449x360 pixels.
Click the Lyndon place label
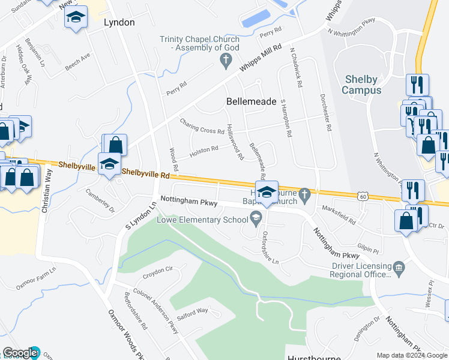pyautogui.click(x=119, y=22)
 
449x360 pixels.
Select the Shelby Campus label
pyautogui.click(x=361, y=85)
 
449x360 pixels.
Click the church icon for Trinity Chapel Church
pyautogui.click(x=226, y=59)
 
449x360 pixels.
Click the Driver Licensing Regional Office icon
pyautogui.click(x=398, y=268)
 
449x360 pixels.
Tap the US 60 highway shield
pyautogui.click(x=362, y=196)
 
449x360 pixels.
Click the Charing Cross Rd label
pyautogui.click(x=203, y=127)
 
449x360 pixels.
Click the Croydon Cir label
pyautogui.click(x=158, y=272)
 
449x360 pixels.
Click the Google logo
pyautogui.click(x=20, y=353)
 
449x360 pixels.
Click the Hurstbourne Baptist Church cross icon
pyautogui.click(x=305, y=193)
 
